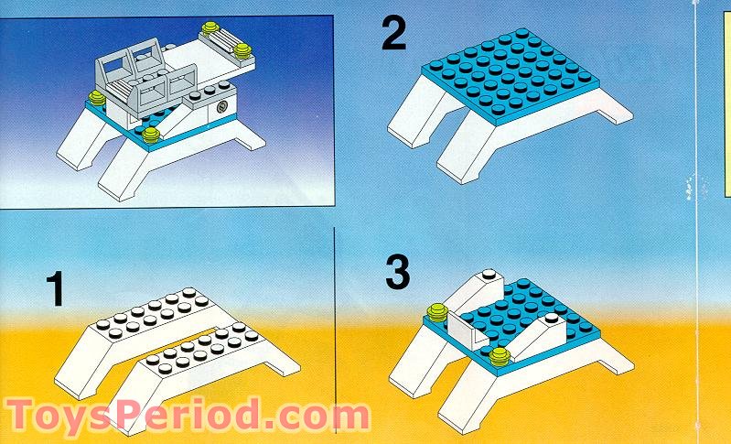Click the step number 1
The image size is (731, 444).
click(x=55, y=292)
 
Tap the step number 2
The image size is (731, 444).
click(x=394, y=36)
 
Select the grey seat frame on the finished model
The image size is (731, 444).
click(x=137, y=74)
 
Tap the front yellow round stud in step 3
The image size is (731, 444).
click(x=500, y=354)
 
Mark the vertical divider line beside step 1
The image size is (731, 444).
click(x=337, y=320)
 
